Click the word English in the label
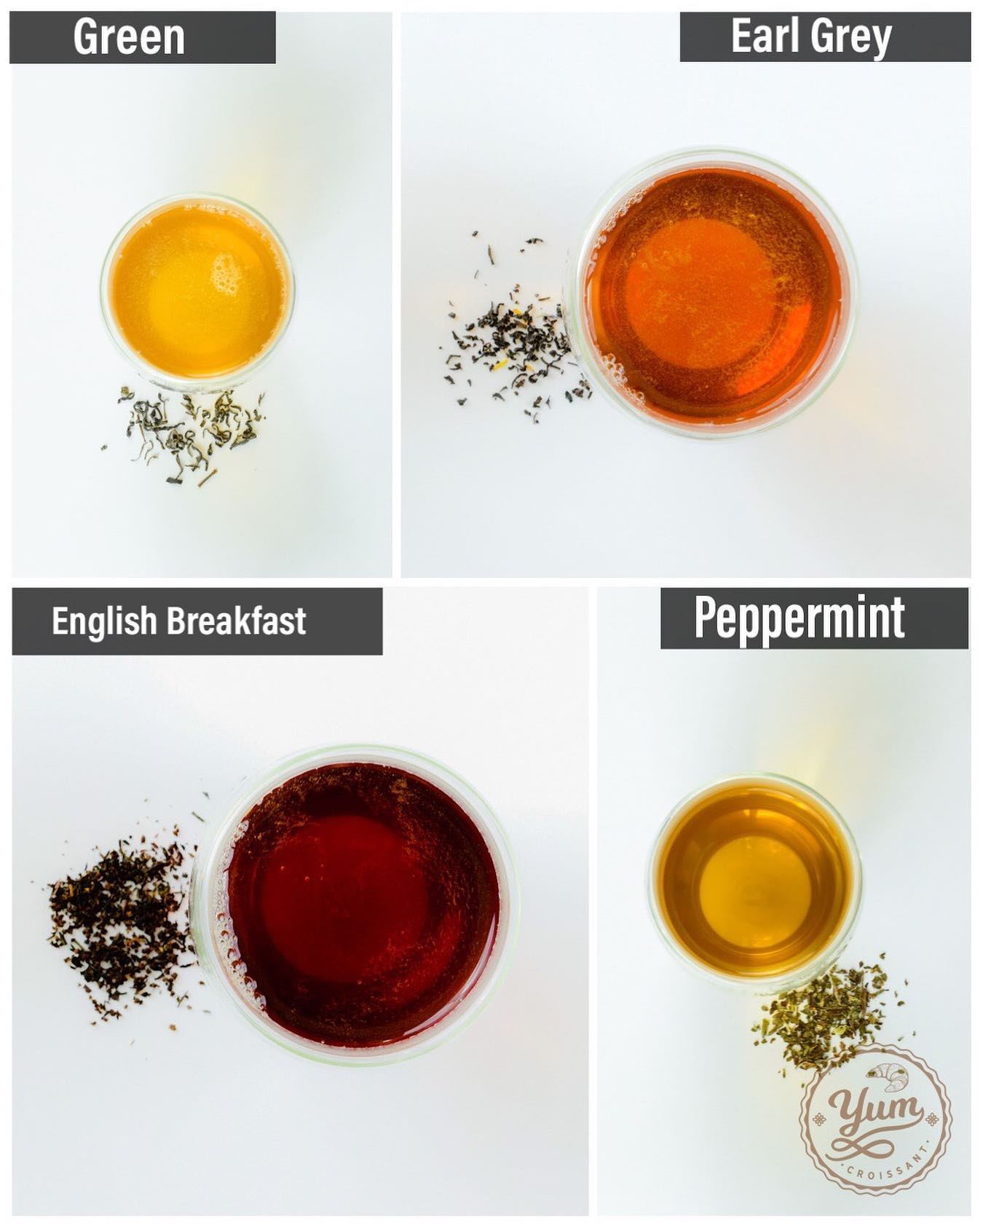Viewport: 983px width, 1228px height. (104, 621)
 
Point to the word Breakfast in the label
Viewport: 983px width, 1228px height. (237, 621)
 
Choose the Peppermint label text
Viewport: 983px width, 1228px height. (800, 618)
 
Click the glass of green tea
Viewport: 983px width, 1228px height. (197, 291)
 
